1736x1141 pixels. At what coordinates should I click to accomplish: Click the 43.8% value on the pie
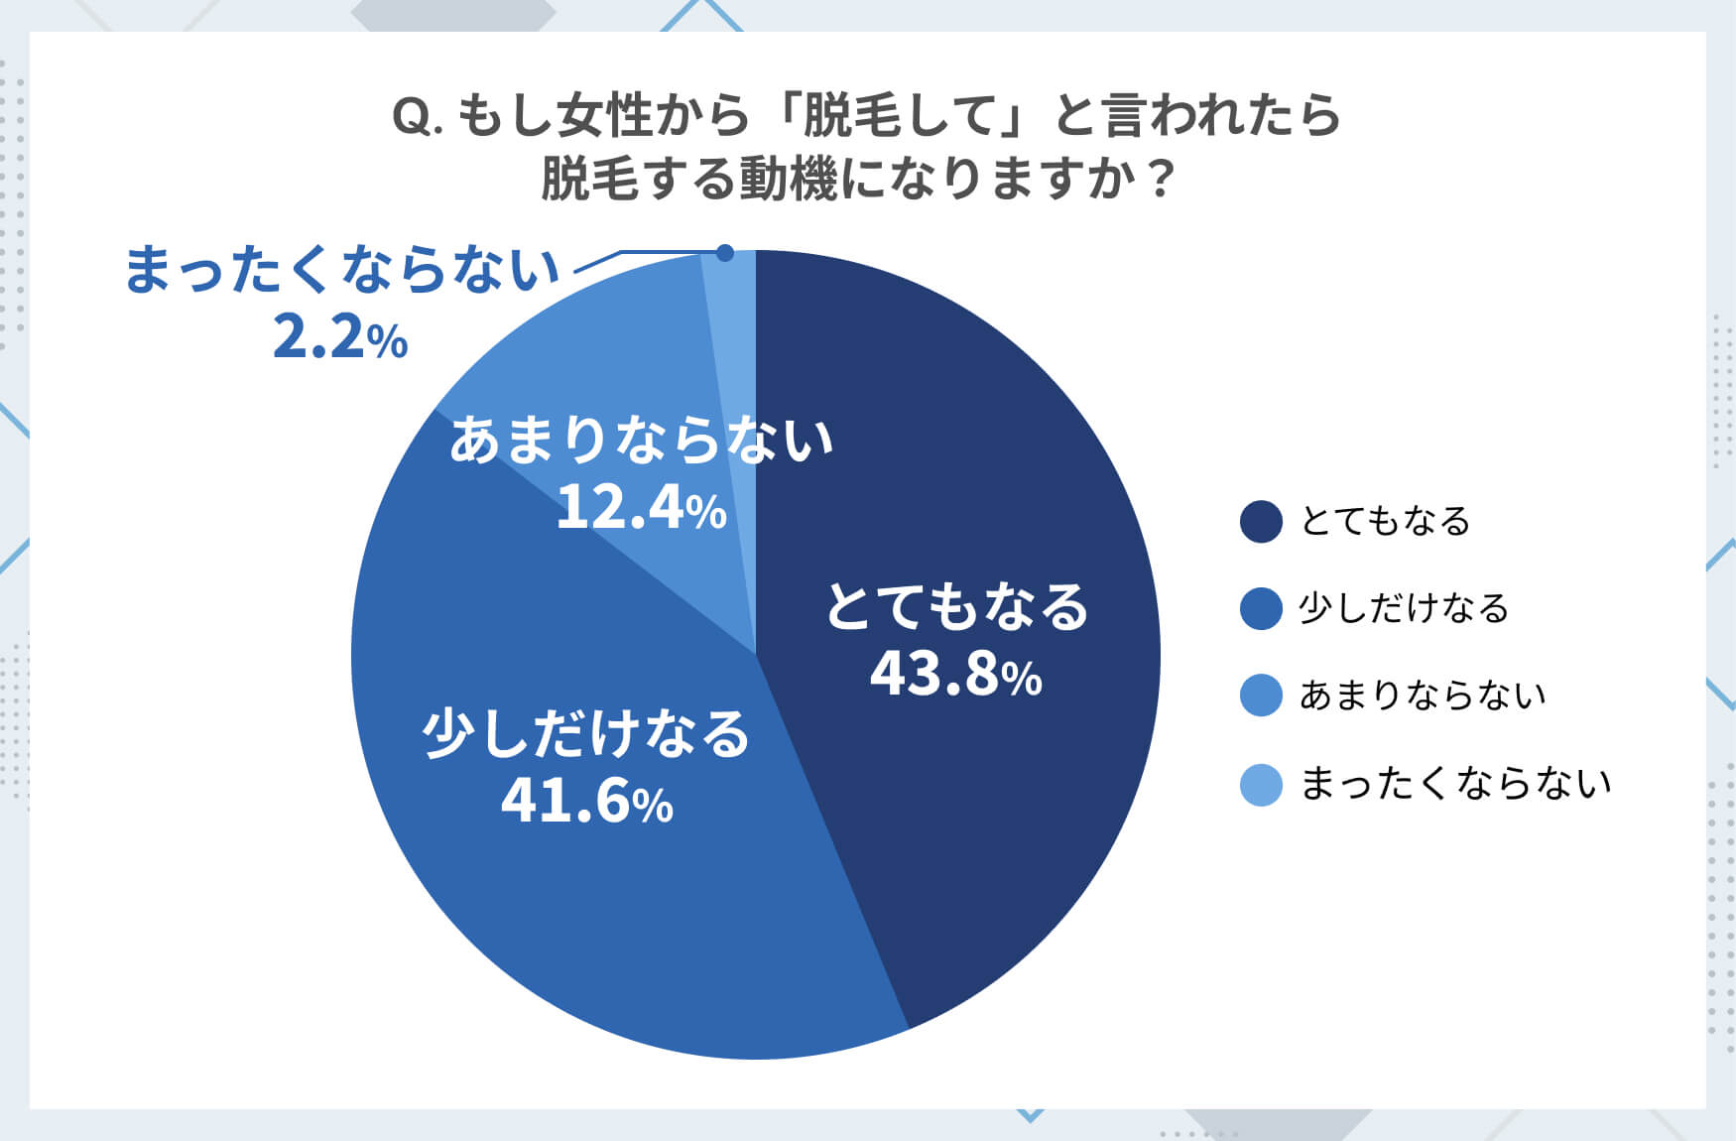pyautogui.click(x=955, y=674)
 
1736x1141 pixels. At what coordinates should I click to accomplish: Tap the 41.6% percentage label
pyautogui.click(x=587, y=801)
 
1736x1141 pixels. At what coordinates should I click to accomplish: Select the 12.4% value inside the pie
pyautogui.click(x=641, y=507)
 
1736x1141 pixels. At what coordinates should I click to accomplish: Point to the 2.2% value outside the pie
pyautogui.click(x=339, y=339)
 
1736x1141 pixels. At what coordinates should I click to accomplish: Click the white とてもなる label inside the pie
pyautogui.click(x=957, y=607)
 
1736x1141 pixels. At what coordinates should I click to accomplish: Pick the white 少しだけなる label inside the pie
pyautogui.click(x=586, y=734)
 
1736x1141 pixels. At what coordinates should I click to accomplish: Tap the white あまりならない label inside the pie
pyautogui.click(x=641, y=441)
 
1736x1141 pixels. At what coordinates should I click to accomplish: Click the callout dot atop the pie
pyautogui.click(x=725, y=253)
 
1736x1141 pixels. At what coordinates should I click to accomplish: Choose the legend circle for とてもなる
pyautogui.click(x=1261, y=522)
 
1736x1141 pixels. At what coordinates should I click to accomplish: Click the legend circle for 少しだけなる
pyautogui.click(x=1261, y=609)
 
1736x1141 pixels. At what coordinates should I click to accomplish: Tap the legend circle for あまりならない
pyautogui.click(x=1261, y=696)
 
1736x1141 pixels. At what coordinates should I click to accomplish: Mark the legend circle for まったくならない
pyautogui.click(x=1261, y=785)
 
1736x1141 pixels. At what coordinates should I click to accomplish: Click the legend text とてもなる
pyautogui.click(x=1385, y=522)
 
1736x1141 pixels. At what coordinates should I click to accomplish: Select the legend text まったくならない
pyautogui.click(x=1455, y=785)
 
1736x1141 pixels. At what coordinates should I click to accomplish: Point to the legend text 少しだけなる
pyautogui.click(x=1404, y=609)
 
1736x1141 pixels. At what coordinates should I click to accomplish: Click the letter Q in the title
pyautogui.click(x=411, y=118)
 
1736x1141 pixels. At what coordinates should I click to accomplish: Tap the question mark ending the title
pyautogui.click(x=1160, y=181)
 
